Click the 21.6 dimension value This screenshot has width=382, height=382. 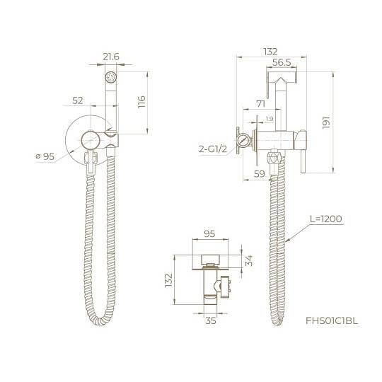pos(111,57)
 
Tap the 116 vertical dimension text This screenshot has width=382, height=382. pos(141,102)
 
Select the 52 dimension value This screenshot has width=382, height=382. pos(78,100)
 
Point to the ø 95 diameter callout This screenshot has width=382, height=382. pos(45,156)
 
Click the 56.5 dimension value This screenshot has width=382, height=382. pos(282,62)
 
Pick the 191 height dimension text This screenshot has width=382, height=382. pos(326,122)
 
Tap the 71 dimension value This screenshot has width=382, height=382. pos(260,104)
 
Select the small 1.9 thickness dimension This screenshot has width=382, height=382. pos(270,119)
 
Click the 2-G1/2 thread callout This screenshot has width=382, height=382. pos(213,149)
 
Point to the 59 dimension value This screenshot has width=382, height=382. pos(259,174)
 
